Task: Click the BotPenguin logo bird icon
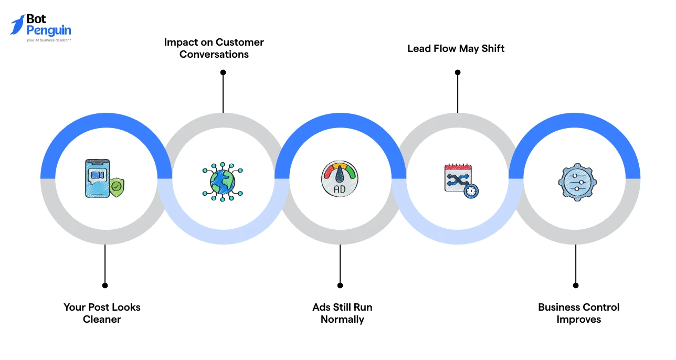(x=17, y=25)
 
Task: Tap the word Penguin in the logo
(x=49, y=31)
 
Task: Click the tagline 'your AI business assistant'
(x=49, y=40)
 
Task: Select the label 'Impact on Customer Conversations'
(x=214, y=48)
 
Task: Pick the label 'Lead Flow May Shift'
(x=456, y=49)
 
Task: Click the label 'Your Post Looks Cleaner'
(x=102, y=313)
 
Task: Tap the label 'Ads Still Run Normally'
(x=342, y=313)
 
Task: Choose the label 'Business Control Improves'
(x=579, y=313)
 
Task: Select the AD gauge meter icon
(x=339, y=179)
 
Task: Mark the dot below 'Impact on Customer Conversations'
(x=223, y=72)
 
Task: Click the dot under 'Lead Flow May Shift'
(x=457, y=72)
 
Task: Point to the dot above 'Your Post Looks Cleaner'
(x=105, y=285)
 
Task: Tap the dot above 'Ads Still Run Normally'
(x=340, y=285)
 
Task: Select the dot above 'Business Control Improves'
(x=576, y=285)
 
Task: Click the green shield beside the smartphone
(x=117, y=187)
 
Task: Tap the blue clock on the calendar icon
(x=471, y=191)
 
